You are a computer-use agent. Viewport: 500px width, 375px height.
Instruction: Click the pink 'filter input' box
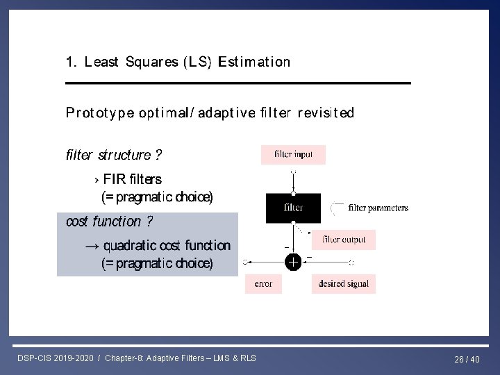[x=293, y=154]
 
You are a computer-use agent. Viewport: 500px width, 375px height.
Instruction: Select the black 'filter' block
[x=293, y=208]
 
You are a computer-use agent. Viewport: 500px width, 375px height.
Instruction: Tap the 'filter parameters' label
[x=378, y=208]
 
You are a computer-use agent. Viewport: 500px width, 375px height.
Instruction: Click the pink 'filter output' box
[x=344, y=240]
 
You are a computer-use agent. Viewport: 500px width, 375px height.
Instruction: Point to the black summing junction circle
[x=293, y=262]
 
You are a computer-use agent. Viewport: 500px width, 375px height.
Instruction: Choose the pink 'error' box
[x=263, y=283]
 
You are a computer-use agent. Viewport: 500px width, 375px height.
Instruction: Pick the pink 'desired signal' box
[x=343, y=283]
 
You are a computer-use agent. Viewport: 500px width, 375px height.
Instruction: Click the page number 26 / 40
[x=467, y=359]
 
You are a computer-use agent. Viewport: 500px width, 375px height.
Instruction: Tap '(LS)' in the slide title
[x=198, y=62]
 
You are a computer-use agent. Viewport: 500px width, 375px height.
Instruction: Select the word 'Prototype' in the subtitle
[x=100, y=112]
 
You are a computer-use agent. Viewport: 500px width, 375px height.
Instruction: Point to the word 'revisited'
[x=326, y=112]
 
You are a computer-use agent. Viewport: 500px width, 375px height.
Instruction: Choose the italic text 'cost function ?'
[x=109, y=222]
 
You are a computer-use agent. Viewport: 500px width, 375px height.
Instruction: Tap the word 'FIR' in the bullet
[x=114, y=179]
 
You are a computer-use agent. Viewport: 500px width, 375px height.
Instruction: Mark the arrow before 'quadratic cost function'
[x=92, y=246]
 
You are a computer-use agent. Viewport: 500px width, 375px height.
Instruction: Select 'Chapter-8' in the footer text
[x=122, y=358]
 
